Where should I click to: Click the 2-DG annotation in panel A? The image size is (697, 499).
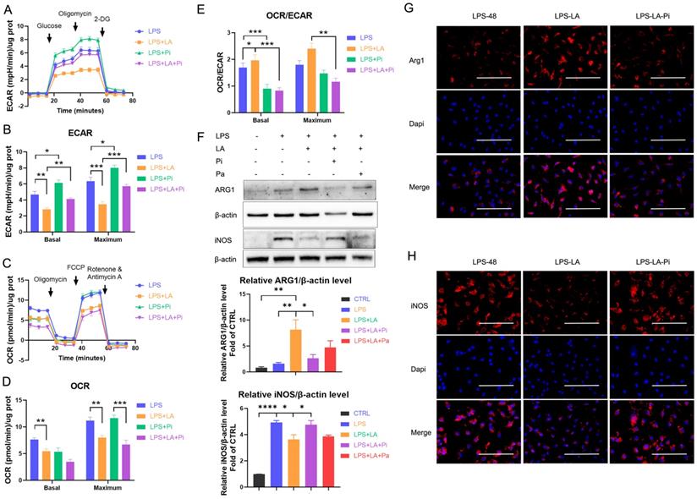click(x=102, y=17)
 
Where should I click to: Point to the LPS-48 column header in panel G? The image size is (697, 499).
click(x=480, y=14)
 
